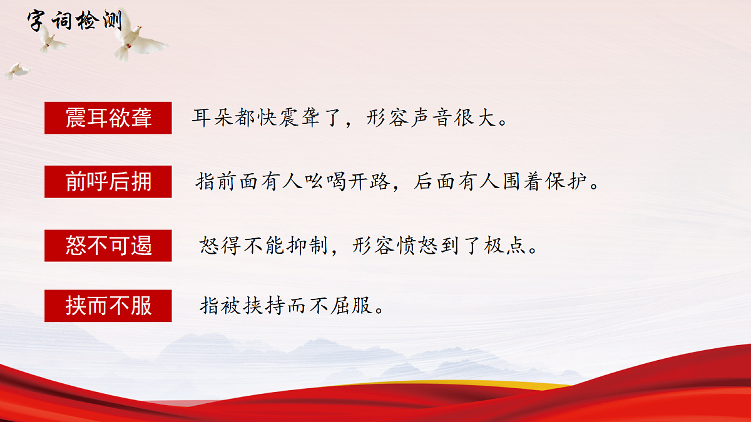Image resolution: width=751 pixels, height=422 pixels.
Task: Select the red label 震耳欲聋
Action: click(x=108, y=118)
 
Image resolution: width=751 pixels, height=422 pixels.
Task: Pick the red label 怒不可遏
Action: click(x=108, y=246)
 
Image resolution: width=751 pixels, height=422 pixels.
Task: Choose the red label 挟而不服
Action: click(x=108, y=306)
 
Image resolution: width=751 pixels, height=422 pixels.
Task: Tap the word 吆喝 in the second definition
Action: click(x=315, y=183)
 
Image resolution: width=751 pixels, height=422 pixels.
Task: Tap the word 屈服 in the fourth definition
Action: click(x=354, y=306)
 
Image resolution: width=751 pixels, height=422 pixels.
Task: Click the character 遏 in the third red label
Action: click(x=141, y=246)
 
